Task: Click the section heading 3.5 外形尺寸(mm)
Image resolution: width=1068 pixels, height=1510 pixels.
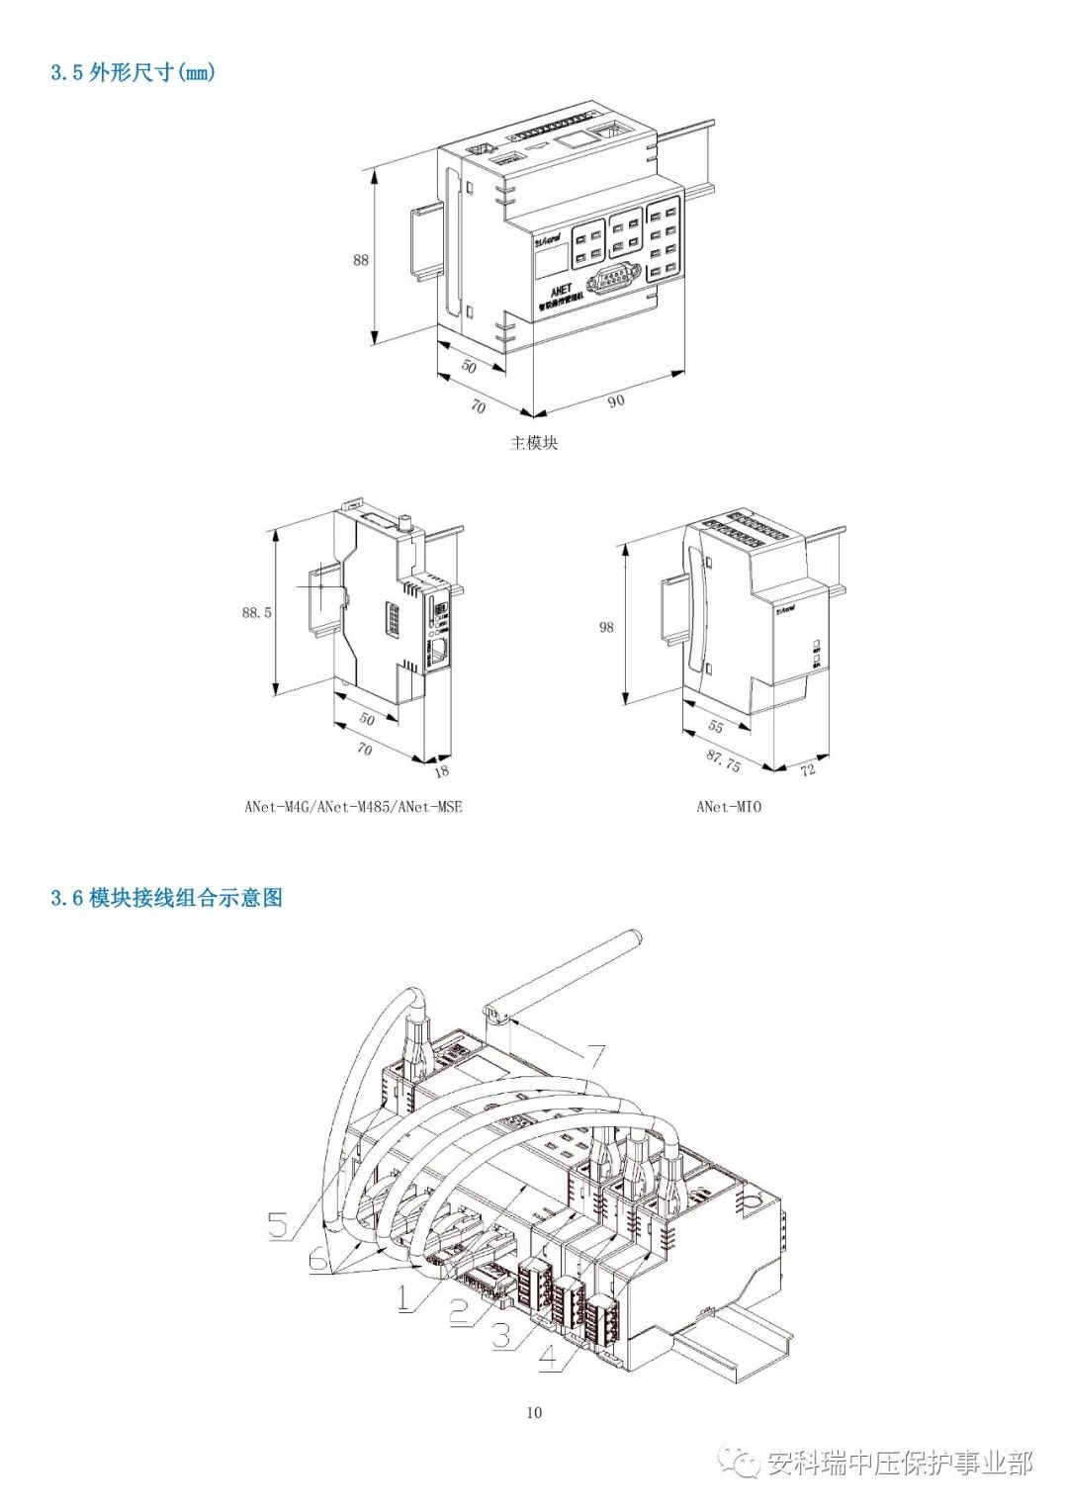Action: click(x=133, y=72)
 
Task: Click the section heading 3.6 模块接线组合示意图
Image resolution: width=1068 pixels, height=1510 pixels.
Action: click(x=166, y=898)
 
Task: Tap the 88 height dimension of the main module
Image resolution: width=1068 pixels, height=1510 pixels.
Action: click(x=361, y=260)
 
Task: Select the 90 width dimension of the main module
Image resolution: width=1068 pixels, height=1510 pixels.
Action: click(x=616, y=400)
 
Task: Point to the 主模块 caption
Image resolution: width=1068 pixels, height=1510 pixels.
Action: click(x=534, y=443)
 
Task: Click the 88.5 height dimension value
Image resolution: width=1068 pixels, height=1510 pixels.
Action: click(x=256, y=613)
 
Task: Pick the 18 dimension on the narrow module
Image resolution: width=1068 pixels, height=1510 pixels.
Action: click(x=441, y=771)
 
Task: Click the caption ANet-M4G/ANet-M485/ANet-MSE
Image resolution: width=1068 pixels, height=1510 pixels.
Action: click(x=353, y=807)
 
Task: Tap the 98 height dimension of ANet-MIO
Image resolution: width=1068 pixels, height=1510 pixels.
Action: click(x=606, y=627)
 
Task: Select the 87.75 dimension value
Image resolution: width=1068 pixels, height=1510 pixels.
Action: click(x=724, y=759)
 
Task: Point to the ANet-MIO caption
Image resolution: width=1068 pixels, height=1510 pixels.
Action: click(x=729, y=807)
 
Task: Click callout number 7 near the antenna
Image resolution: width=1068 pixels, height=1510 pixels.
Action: click(x=595, y=1057)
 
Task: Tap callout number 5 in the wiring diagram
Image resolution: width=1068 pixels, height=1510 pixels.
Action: click(x=279, y=1226)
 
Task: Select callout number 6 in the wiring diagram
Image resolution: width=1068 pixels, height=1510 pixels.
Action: click(x=318, y=1260)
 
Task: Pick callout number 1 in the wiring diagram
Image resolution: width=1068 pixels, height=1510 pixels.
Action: click(x=404, y=1297)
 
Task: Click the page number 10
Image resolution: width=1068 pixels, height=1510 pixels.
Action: click(x=534, y=1412)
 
